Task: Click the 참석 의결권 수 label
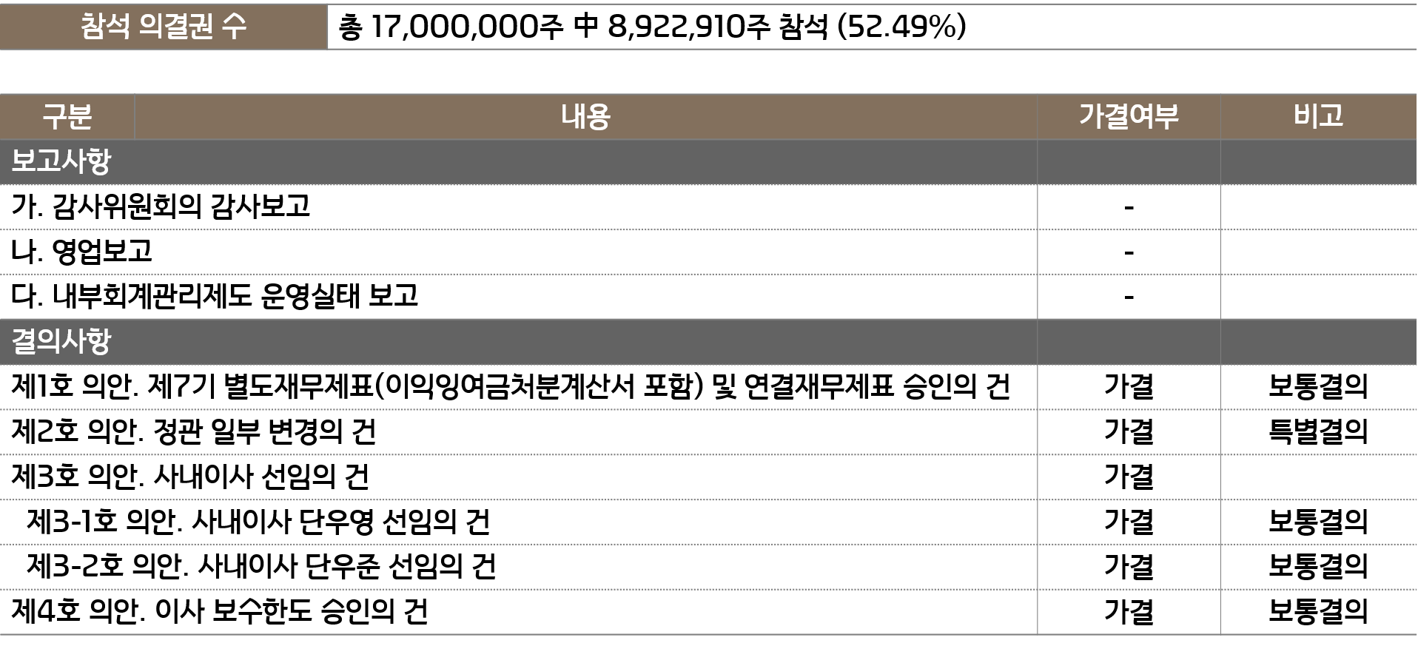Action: click(x=163, y=27)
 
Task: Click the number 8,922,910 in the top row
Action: click(x=678, y=27)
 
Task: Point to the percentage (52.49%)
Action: click(x=901, y=27)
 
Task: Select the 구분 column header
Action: click(x=67, y=117)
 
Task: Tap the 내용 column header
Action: click(x=585, y=117)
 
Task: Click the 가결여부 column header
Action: click(x=1129, y=116)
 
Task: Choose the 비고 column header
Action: click(x=1318, y=116)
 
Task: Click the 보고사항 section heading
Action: click(x=61, y=161)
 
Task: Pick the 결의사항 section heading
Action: click(x=61, y=341)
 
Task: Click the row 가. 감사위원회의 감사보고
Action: click(x=161, y=206)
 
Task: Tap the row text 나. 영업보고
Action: click(x=81, y=252)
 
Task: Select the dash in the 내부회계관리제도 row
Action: click(x=1129, y=297)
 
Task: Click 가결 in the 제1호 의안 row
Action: click(x=1129, y=386)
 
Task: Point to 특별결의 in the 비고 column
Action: click(x=1318, y=431)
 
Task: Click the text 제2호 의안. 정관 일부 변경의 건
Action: click(x=193, y=431)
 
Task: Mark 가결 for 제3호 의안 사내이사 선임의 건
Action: click(x=1129, y=477)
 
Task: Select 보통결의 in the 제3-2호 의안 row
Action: click(x=1318, y=567)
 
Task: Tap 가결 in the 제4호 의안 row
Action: click(x=1129, y=612)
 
